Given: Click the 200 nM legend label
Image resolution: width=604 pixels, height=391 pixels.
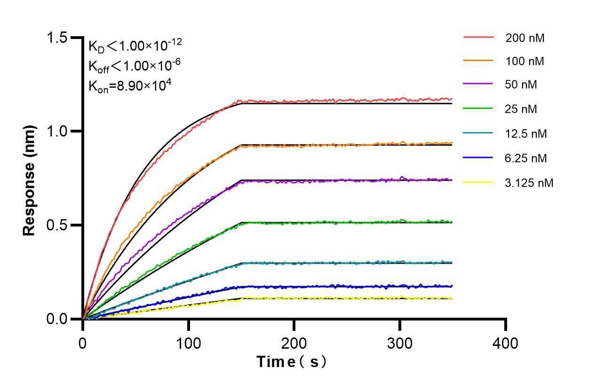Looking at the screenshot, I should (525, 38).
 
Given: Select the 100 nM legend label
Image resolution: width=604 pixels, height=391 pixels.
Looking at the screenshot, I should (525, 61).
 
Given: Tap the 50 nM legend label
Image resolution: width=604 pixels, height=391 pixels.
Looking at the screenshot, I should (521, 85).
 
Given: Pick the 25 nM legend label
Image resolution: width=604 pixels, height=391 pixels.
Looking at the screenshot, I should (521, 109).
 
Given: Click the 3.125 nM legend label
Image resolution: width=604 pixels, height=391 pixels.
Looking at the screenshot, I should (529, 182).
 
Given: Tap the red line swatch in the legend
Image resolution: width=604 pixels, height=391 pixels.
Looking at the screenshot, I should (478, 37).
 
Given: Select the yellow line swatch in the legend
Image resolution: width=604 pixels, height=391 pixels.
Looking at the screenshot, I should (478, 181).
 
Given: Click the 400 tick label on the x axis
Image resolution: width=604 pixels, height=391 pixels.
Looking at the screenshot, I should (506, 343).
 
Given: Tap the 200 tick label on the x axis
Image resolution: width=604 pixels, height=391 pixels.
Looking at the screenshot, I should (294, 343).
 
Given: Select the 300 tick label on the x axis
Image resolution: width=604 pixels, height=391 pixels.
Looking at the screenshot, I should (400, 343).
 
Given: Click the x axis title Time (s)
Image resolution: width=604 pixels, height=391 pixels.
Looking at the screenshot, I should (291, 362).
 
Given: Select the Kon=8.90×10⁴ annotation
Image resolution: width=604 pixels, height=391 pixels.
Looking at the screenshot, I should (126, 86).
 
